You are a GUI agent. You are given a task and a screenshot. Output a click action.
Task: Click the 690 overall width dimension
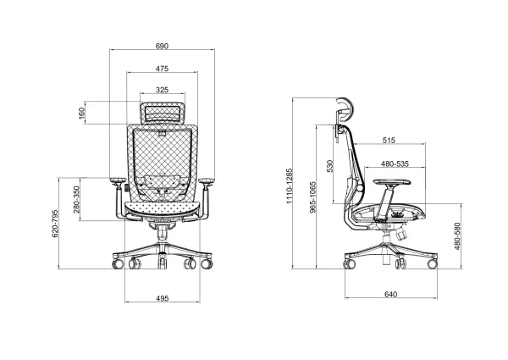point(161,45)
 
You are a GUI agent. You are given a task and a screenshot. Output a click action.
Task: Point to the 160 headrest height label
point(82,113)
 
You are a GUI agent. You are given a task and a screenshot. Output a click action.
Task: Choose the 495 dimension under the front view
point(163,298)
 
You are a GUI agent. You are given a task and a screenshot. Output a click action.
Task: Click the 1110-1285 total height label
point(289,186)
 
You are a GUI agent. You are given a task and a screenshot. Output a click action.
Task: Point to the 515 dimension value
point(389,141)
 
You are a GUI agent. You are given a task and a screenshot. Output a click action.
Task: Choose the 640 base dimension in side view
point(389,295)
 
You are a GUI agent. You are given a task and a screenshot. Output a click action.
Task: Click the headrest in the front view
point(163,110)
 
